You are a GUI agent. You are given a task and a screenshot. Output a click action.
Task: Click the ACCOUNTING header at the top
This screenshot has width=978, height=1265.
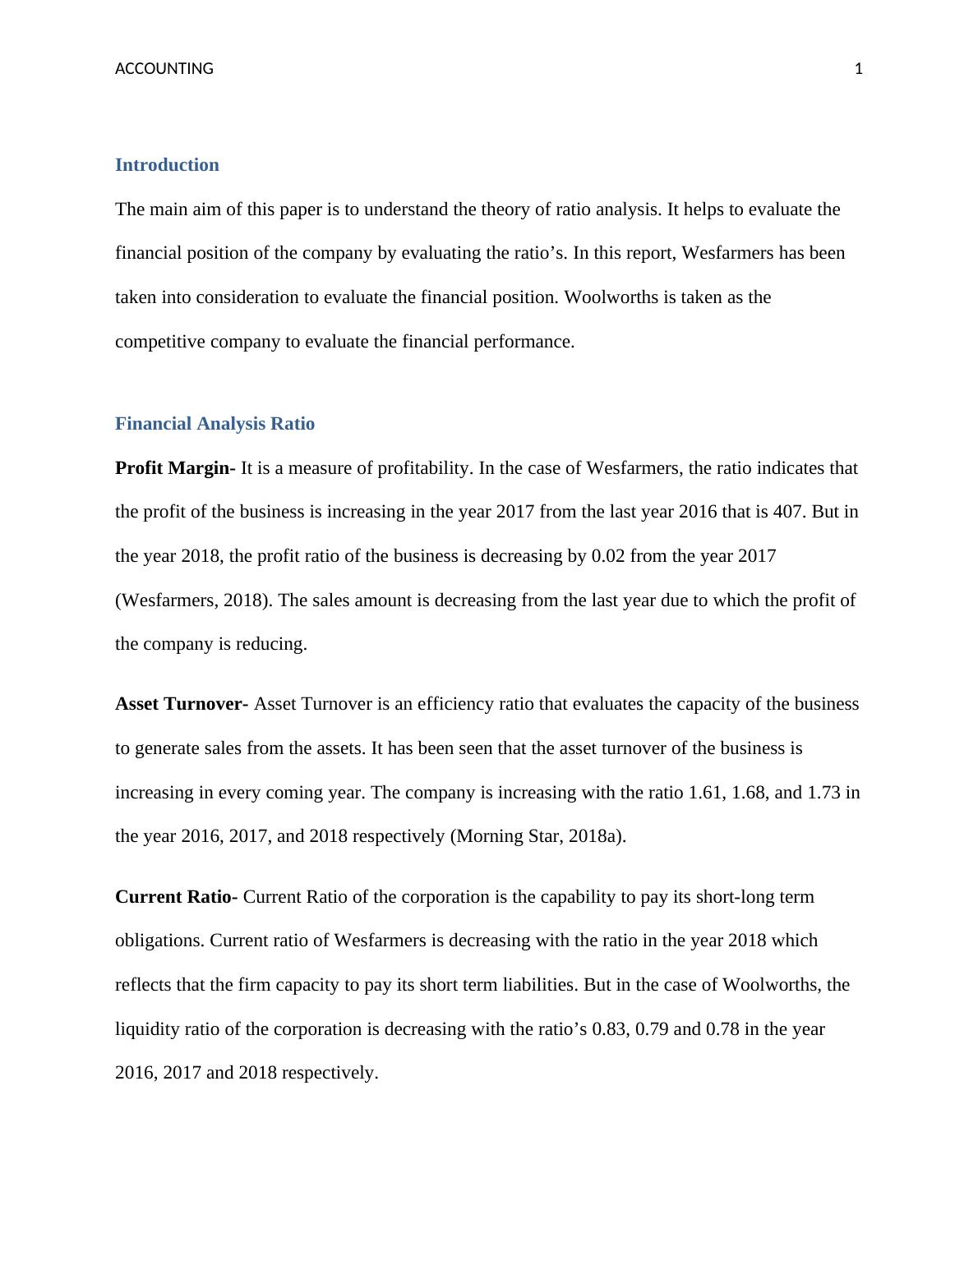(x=164, y=69)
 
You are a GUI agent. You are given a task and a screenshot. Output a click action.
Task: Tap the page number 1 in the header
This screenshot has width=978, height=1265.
(x=859, y=69)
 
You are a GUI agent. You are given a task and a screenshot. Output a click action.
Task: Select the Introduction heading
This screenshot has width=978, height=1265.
(x=167, y=165)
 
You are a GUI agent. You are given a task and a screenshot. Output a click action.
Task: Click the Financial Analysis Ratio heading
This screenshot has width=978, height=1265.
(x=215, y=424)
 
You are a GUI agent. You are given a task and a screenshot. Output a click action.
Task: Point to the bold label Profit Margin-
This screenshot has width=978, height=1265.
(x=175, y=468)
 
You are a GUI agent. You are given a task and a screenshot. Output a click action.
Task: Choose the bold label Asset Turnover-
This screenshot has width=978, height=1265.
(x=182, y=704)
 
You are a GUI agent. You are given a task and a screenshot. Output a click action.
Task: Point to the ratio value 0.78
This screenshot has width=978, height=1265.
(x=723, y=1029)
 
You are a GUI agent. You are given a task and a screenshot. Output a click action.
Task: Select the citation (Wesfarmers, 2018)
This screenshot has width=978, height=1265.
(x=194, y=600)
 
